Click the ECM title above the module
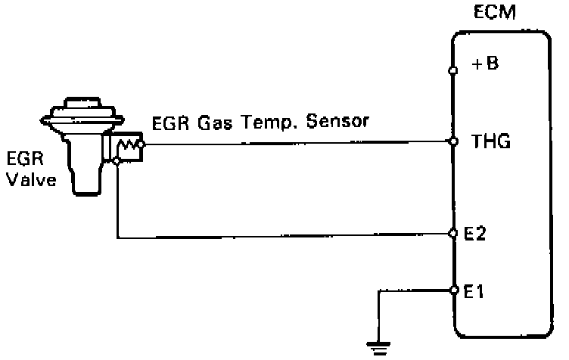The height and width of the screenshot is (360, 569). pos(496,14)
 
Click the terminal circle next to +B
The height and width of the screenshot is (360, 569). pos(452,71)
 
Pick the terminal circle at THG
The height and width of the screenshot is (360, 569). pos(452,141)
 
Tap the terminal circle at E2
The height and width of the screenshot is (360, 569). pos(452,231)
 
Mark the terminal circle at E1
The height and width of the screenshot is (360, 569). pos(452,290)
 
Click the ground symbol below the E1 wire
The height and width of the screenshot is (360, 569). pos(376,349)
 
